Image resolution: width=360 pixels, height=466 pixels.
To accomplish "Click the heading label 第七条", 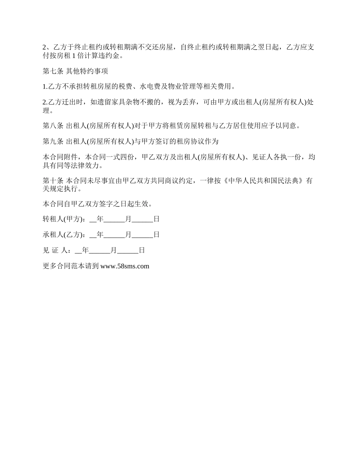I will pyautogui.click(x=53, y=71).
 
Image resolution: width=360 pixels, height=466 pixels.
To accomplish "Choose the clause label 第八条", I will pyautogui.click(x=53, y=126).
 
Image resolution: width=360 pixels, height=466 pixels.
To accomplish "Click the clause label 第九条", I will pyautogui.click(x=53, y=142).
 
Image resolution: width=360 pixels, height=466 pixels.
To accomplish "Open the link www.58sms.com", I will pyautogui.click(x=125, y=266).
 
